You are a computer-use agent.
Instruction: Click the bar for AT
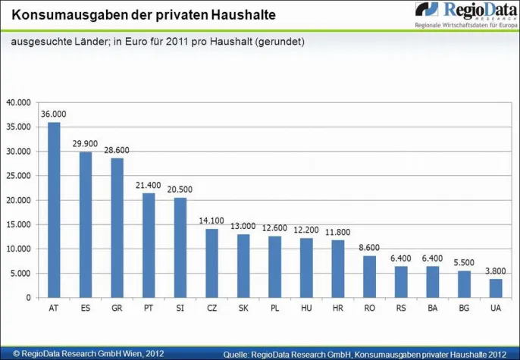click(x=54, y=210)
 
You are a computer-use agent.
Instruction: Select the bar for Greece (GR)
click(x=117, y=227)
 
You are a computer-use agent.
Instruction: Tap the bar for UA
click(x=495, y=288)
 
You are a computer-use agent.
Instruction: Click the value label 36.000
click(x=54, y=114)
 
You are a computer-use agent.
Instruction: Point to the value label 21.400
click(x=149, y=185)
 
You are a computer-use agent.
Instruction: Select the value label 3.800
click(x=495, y=271)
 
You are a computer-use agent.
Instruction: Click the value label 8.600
click(x=369, y=247)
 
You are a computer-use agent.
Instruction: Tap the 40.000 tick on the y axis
click(x=18, y=102)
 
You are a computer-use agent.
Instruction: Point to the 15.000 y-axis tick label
click(x=18, y=224)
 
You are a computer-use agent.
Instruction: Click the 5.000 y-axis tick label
click(x=20, y=273)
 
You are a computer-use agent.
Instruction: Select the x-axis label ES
click(x=86, y=309)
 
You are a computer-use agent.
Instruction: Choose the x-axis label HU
click(x=306, y=309)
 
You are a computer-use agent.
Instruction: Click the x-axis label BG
click(x=463, y=309)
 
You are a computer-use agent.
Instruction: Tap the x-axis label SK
click(x=243, y=309)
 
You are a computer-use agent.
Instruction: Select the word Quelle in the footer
click(x=239, y=354)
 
